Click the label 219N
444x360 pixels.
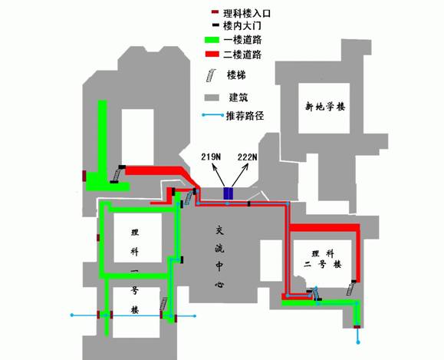tap(211, 157)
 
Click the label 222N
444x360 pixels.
tap(248, 157)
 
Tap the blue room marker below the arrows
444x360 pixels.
tap(229, 193)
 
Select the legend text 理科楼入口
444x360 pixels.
tap(247, 13)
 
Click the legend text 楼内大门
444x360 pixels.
tap(242, 26)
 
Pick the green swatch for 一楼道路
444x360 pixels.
tap(212, 40)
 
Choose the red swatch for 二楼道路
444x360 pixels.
tap(212, 54)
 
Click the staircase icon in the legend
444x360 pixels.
tap(211, 76)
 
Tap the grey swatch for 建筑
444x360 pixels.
tap(212, 97)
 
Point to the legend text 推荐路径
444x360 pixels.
tap(245, 115)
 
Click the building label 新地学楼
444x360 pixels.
tap(325, 107)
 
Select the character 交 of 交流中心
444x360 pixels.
tap(219, 230)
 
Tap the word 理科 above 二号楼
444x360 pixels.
tap(323, 253)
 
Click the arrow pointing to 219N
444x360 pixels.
tap(219, 176)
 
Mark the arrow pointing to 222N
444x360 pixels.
tap(240, 176)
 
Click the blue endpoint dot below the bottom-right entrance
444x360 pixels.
tap(358, 342)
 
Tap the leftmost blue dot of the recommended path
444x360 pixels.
tap(72, 315)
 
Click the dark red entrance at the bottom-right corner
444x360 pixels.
tap(357, 327)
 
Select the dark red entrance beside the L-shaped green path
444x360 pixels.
tap(84, 176)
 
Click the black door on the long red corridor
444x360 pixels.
tap(249, 203)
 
